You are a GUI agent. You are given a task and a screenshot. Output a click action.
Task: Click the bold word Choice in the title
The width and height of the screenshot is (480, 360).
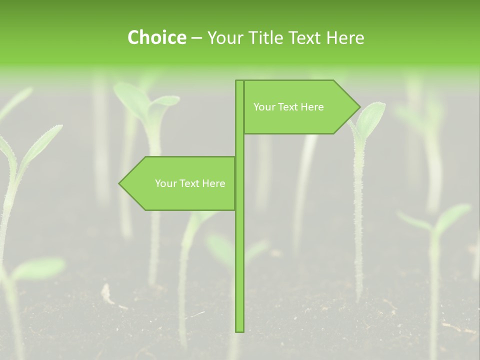[x=156, y=37]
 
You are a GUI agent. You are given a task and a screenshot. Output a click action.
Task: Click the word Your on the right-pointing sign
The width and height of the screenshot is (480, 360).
[x=264, y=107]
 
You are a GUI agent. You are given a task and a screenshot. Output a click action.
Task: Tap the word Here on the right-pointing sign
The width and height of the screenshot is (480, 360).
[x=312, y=107]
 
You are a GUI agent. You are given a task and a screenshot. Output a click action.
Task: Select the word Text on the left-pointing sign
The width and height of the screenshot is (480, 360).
[x=190, y=183]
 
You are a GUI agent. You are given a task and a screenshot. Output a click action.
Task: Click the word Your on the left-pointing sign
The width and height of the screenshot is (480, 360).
[x=165, y=183]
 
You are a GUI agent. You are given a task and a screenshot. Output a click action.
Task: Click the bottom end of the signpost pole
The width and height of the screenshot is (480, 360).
[x=239, y=330]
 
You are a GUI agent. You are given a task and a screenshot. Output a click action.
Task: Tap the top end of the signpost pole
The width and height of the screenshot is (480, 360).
[x=239, y=81]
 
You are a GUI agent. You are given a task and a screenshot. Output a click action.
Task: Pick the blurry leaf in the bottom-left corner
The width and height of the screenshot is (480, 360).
[x=37, y=268]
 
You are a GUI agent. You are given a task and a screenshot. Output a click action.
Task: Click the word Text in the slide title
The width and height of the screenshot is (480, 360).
[x=306, y=37]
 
